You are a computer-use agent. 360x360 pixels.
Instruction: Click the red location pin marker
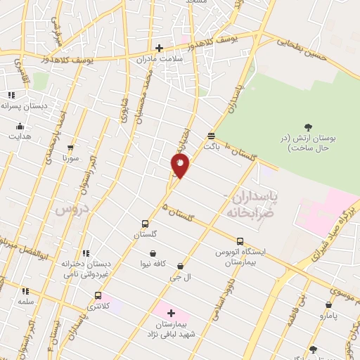(x=180, y=165)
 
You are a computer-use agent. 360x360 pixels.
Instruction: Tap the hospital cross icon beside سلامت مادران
(x=159, y=49)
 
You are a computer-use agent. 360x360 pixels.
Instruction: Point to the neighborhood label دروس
(x=71, y=209)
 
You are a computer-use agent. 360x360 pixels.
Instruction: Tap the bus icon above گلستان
(x=145, y=224)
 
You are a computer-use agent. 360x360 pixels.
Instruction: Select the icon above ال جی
(x=181, y=266)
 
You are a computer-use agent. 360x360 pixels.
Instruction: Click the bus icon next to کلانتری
(x=98, y=295)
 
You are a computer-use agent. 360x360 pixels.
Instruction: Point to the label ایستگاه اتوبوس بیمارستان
(x=241, y=255)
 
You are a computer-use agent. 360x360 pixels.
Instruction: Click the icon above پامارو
(x=328, y=304)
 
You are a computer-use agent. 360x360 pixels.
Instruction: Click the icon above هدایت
(x=20, y=127)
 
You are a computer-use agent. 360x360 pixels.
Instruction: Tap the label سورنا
(x=70, y=158)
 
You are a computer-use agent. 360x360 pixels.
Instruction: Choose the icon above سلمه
(x=26, y=290)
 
